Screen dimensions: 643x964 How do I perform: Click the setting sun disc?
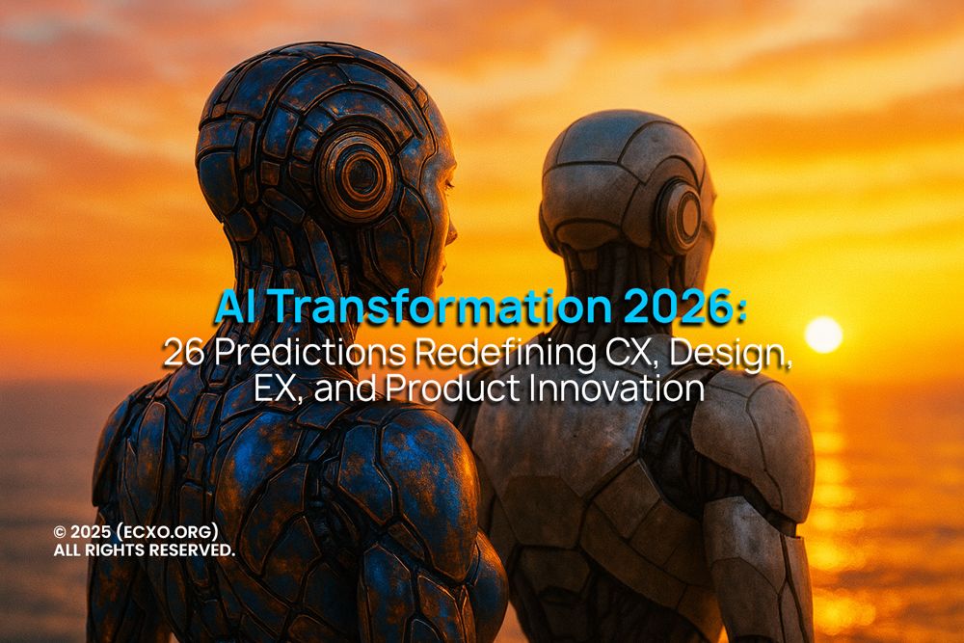[823, 335]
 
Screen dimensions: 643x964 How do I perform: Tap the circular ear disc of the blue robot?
[358, 174]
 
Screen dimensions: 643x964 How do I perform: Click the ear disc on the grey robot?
[683, 215]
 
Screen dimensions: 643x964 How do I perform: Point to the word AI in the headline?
[235, 308]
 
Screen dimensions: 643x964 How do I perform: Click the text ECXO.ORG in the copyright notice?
[174, 532]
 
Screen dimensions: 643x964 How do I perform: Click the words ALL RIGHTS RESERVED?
[144, 550]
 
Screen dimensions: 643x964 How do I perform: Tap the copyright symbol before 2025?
[60, 532]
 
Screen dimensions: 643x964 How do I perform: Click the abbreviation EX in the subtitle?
[273, 388]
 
